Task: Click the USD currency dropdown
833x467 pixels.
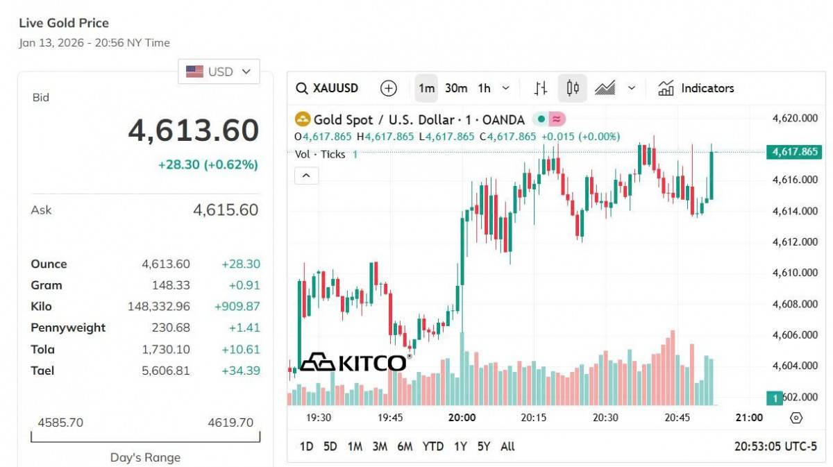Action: (219, 71)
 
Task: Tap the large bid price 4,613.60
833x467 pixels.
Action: (193, 130)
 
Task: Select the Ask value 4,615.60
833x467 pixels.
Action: (225, 210)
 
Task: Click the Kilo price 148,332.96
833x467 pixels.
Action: (158, 306)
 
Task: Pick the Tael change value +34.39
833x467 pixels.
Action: (240, 371)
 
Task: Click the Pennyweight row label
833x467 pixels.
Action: (68, 328)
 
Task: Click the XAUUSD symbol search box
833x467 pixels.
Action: (327, 88)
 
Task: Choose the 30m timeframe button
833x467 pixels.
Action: (456, 88)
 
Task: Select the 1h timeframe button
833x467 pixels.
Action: (484, 88)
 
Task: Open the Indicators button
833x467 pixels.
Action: (696, 88)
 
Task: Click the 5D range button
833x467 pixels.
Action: (330, 446)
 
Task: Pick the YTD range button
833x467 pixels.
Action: (432, 446)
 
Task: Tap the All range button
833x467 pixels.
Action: (507, 446)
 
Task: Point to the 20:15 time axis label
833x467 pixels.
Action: (533, 418)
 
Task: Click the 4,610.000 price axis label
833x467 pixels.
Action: (795, 273)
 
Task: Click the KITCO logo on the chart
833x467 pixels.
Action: (354, 362)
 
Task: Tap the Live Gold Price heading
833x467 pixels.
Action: (64, 24)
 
